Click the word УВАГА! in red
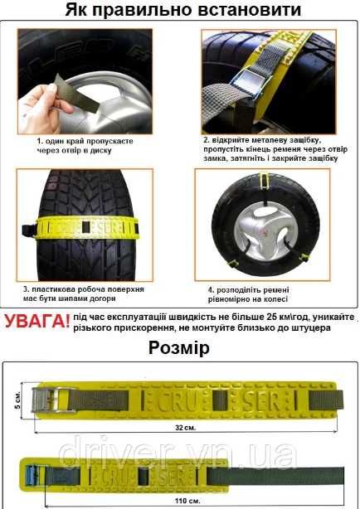37,321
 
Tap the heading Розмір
179,348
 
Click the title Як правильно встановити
183,9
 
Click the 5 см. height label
18,400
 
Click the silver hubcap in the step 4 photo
265,233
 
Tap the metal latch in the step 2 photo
247,82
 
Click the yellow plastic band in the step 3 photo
87,227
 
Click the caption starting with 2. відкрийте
275,149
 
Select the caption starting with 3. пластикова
84,293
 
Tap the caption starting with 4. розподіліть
248,294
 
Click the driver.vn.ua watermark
179,452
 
